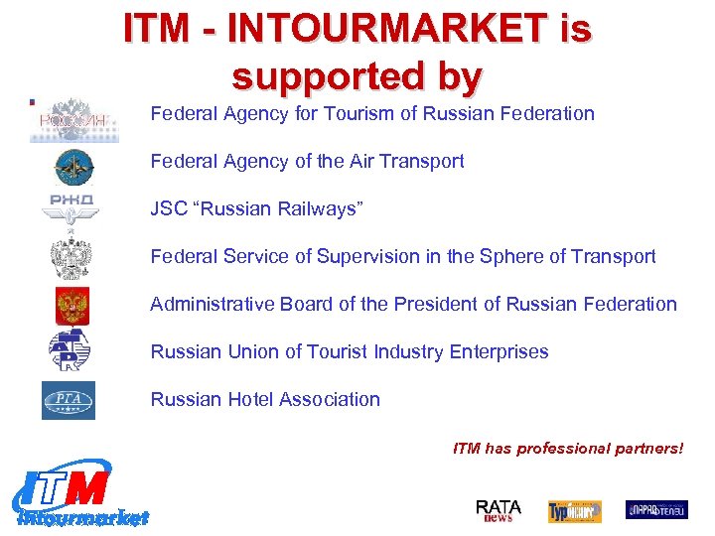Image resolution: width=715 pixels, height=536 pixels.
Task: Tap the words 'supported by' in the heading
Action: [357, 75]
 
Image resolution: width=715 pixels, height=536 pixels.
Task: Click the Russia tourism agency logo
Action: [72, 120]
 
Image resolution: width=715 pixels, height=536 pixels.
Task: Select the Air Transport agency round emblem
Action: [72, 167]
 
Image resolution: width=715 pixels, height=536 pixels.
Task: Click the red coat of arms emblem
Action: [71, 305]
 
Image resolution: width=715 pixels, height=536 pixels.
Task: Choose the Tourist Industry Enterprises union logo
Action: [71, 350]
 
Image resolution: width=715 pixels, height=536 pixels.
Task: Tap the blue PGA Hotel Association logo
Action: [69, 400]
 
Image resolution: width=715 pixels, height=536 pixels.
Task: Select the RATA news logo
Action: [499, 510]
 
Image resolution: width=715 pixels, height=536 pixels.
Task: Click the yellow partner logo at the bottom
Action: [575, 511]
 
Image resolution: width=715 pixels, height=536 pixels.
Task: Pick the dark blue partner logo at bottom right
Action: [655, 510]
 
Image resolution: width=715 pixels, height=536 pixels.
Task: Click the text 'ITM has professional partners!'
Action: [568, 449]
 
